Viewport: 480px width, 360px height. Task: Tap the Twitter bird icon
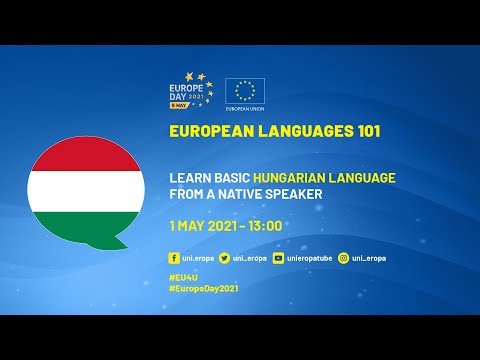224,257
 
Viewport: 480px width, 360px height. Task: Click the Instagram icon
344,257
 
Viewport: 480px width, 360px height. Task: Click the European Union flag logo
245,90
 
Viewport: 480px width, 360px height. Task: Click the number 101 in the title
364,131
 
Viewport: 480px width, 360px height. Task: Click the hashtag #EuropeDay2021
205,287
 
